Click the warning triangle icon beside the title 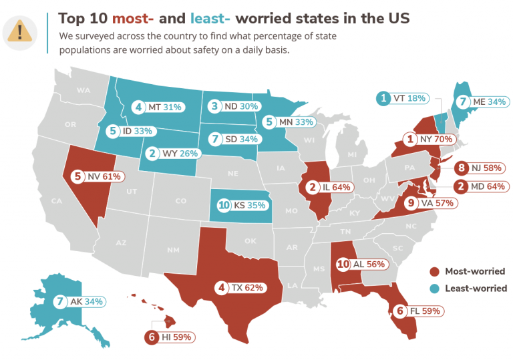coord(23,30)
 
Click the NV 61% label coord(100,177)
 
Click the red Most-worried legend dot coord(434,272)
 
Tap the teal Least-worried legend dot coord(434,289)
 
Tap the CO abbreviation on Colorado coord(180,200)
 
